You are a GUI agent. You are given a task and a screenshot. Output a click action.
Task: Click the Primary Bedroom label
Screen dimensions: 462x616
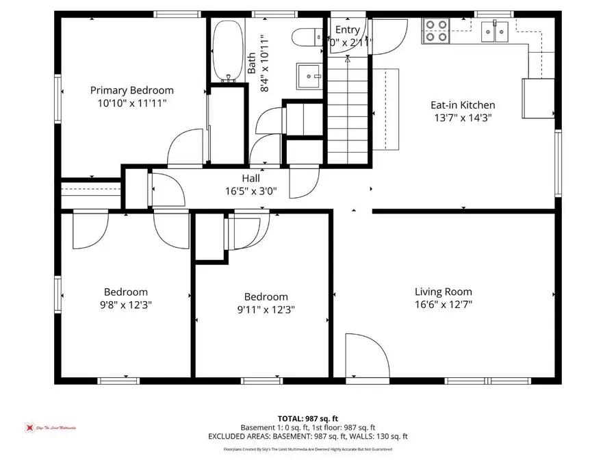point(132,90)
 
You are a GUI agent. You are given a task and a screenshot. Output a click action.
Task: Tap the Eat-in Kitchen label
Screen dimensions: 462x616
point(462,105)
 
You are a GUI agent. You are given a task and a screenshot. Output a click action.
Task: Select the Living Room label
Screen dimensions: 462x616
point(443,292)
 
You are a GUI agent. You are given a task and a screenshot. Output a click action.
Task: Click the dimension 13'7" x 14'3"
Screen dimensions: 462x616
point(462,117)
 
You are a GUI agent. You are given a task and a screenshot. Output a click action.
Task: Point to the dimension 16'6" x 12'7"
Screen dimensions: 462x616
point(443,305)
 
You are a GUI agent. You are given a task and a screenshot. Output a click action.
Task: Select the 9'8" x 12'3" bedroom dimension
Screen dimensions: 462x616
point(126,305)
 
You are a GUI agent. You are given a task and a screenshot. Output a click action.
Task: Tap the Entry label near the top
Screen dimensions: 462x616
point(347,29)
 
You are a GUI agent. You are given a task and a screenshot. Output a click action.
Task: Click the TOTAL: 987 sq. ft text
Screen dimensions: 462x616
point(308,418)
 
